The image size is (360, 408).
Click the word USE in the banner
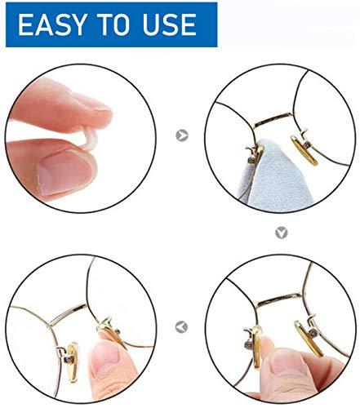pyautogui.click(x=168, y=24)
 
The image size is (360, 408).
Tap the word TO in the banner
pyautogui.click(x=111, y=24)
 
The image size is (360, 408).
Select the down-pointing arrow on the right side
pyautogui.click(x=282, y=233)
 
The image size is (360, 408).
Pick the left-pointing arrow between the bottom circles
pyautogui.click(x=182, y=326)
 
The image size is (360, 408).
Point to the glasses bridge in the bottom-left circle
pyautogui.click(x=69, y=314)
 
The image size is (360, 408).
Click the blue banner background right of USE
pyautogui.click(x=208, y=24)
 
